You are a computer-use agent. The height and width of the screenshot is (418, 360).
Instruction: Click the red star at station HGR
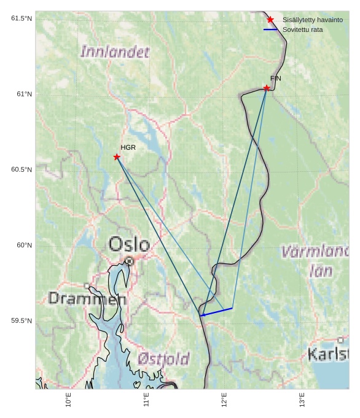pos(117,157)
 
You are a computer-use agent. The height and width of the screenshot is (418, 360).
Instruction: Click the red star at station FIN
pos(267,88)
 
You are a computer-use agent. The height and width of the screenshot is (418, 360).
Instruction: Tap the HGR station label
pos(128,147)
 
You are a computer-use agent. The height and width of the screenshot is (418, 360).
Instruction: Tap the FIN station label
pos(275,79)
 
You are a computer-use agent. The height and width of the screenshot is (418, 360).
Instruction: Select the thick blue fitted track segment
pos(216,312)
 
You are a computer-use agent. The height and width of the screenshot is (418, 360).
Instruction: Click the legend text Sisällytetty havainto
pos(312,20)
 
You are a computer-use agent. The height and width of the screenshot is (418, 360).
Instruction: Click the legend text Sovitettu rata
pos(302,29)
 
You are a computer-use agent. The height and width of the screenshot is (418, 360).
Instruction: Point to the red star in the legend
pos(270,20)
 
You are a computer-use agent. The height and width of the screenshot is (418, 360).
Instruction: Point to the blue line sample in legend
pos(270,29)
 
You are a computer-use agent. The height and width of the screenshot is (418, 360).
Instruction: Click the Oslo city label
pos(129,244)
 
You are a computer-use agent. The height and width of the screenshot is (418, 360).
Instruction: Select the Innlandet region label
pos(115,52)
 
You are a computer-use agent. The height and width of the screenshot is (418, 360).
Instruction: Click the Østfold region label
pos(163,358)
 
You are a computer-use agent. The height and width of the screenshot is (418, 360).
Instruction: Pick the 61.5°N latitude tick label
pos(22,18)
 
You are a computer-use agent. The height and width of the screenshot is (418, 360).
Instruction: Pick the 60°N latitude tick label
pos(25,246)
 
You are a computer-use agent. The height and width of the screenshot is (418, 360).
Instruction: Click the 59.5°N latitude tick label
pos(22,321)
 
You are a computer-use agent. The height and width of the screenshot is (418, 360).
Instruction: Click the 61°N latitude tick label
pos(25,94)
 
